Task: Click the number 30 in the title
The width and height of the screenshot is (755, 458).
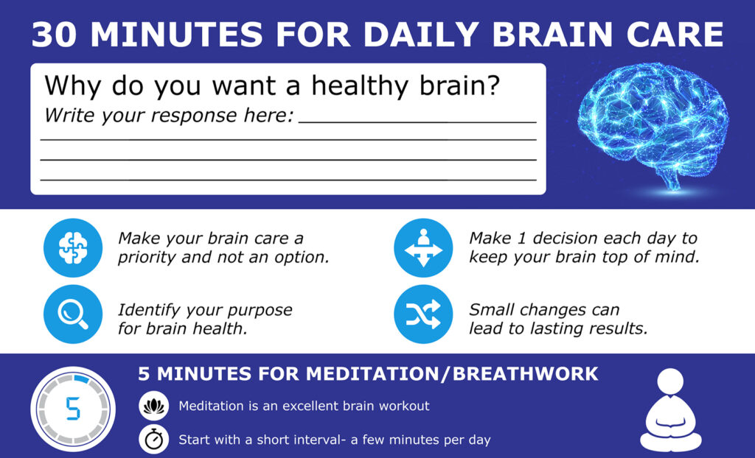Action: [53, 35]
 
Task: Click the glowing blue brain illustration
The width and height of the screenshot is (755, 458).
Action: [653, 126]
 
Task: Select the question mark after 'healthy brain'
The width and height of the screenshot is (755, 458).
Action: [493, 85]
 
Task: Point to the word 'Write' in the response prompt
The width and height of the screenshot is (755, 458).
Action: [68, 116]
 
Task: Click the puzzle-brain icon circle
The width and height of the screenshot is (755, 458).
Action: [73, 247]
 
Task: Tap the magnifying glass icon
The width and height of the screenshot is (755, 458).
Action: [73, 314]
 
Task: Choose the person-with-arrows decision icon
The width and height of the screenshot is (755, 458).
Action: [423, 247]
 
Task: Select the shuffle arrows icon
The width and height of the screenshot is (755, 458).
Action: [423, 314]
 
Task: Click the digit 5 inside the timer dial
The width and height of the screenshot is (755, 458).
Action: [73, 409]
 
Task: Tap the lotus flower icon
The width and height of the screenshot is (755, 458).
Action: [153, 406]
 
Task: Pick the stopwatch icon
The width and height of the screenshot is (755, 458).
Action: [153, 439]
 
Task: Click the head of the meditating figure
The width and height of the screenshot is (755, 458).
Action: [670, 381]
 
